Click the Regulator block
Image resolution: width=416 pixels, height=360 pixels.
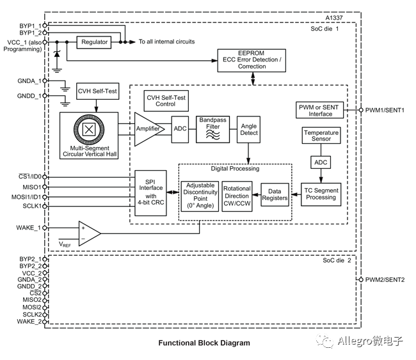pyautogui.click(x=94, y=42)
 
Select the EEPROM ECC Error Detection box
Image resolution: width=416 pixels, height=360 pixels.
pyautogui.click(x=252, y=61)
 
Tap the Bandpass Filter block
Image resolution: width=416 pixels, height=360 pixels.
pyautogui.click(x=212, y=129)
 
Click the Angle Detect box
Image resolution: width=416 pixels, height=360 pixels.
pyautogui.click(x=248, y=129)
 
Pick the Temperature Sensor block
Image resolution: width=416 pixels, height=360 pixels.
pyautogui.click(x=321, y=136)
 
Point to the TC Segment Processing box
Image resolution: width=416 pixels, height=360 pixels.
pyautogui.click(x=321, y=194)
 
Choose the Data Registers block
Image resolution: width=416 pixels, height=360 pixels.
pyautogui.click(x=275, y=194)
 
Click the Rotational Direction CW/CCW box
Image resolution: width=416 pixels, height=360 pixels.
pyautogui.click(x=237, y=196)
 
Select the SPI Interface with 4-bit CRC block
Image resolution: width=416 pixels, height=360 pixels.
pyautogui.click(x=150, y=192)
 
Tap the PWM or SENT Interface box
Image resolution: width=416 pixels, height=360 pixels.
pyautogui.click(x=319, y=110)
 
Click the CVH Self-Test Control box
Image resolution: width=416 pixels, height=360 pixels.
pyautogui.click(x=166, y=101)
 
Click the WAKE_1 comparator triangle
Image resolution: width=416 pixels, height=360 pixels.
pyautogui.click(x=90, y=233)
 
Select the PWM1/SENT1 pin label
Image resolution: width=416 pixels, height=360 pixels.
pyautogui.click(x=385, y=110)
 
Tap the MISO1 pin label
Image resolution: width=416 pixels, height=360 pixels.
pyautogui.click(x=32, y=187)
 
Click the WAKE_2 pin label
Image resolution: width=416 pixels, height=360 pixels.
pyautogui.click(x=29, y=322)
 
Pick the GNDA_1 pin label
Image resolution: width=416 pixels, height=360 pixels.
pyautogui.click(x=29, y=81)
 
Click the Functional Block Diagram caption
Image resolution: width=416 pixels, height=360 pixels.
pyautogui.click(x=204, y=343)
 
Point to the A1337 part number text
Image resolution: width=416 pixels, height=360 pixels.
pyautogui.click(x=334, y=18)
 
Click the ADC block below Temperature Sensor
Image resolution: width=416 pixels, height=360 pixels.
pyautogui.click(x=321, y=162)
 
